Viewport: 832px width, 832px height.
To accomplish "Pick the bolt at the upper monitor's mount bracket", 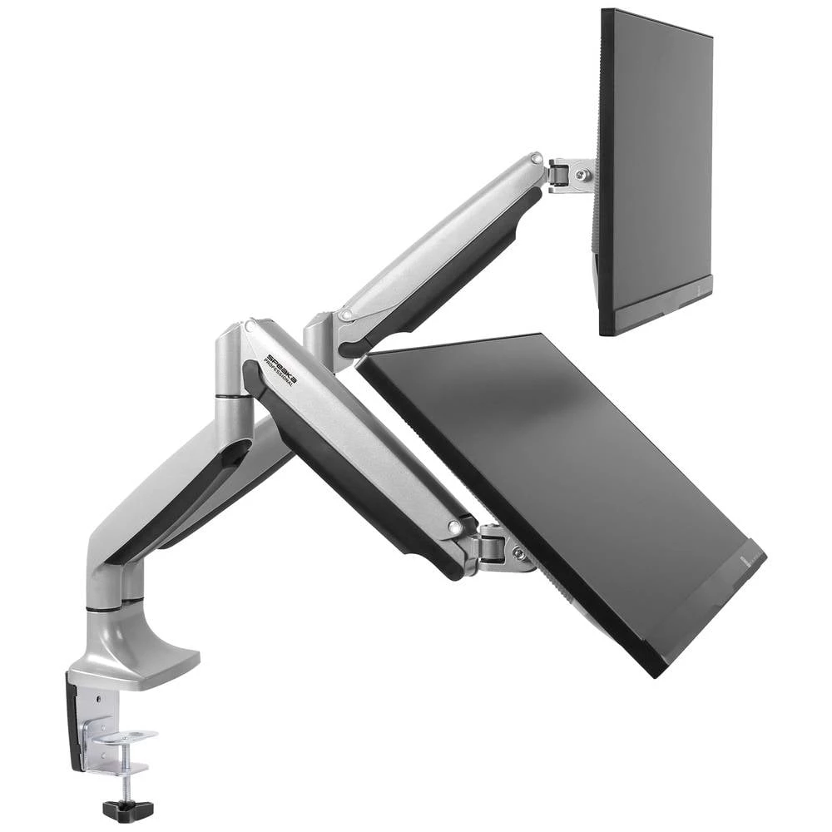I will [585, 175].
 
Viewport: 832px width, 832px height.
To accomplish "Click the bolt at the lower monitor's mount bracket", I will [518, 551].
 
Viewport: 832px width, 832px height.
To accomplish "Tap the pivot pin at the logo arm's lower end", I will [455, 527].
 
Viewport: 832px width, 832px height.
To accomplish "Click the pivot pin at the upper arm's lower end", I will [345, 315].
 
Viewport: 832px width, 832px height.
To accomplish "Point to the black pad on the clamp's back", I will [72, 720].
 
